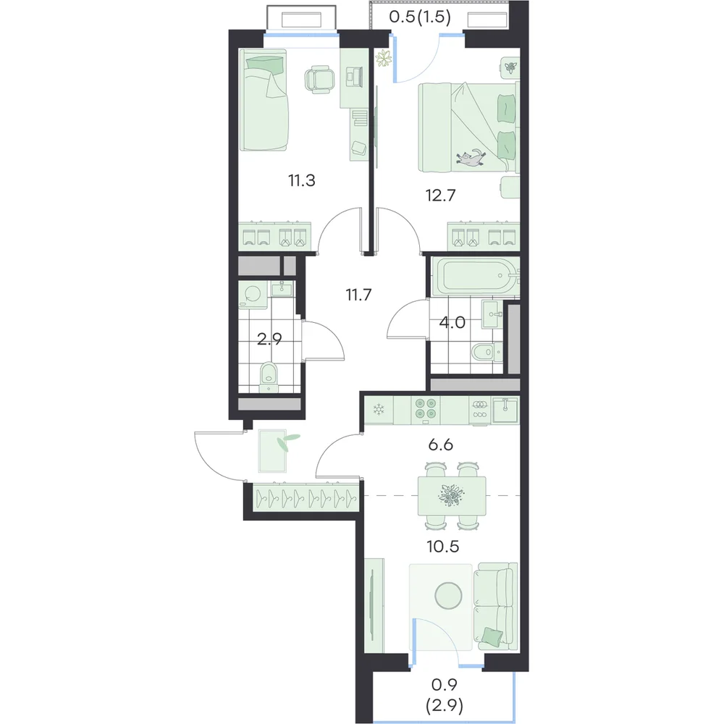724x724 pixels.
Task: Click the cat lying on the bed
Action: click(471, 157)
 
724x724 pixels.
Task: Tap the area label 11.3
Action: click(301, 180)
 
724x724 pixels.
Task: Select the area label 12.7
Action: click(440, 195)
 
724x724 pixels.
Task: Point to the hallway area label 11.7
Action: click(359, 294)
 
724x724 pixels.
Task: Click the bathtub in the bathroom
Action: click(474, 276)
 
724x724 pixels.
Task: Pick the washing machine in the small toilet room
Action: click(253, 295)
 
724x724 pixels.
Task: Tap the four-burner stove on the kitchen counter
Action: click(425, 410)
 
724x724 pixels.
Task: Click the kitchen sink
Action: click(505, 410)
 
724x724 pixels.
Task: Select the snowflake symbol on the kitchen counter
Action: click(379, 409)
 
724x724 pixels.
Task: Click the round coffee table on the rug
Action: click(448, 594)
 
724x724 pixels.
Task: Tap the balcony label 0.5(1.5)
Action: click(420, 17)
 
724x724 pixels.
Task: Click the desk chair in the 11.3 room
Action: click(319, 80)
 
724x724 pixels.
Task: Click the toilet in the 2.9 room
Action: click(269, 375)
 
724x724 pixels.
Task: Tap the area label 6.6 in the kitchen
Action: click(440, 445)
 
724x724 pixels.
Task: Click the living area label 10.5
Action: click(443, 547)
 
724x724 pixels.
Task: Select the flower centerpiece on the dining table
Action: click(451, 495)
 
